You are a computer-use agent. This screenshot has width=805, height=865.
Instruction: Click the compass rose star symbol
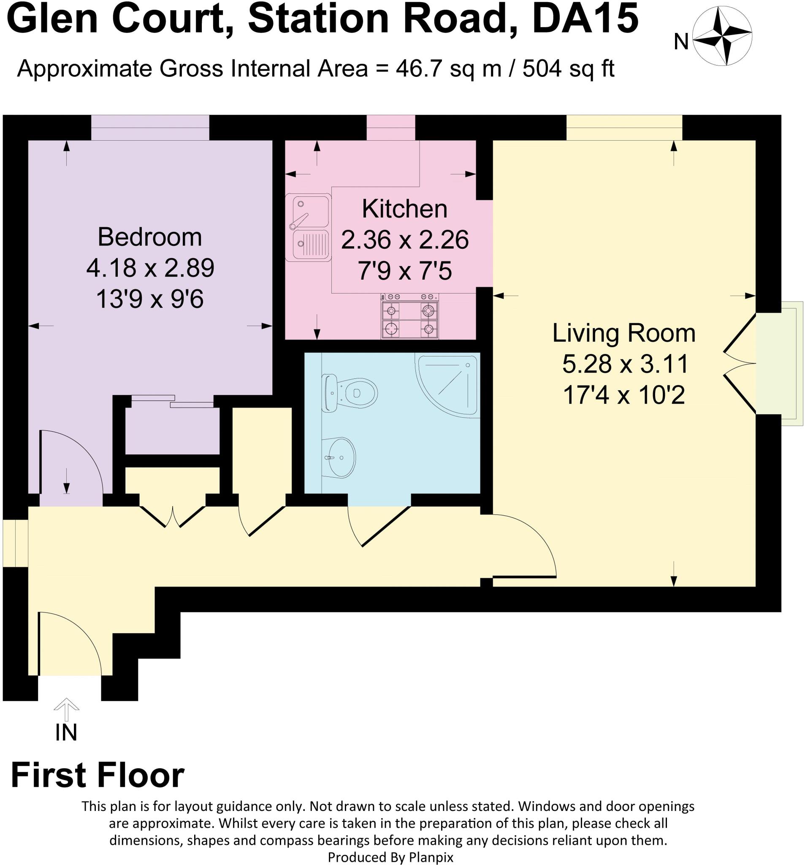[x=722, y=38]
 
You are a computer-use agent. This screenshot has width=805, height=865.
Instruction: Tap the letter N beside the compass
[x=681, y=43]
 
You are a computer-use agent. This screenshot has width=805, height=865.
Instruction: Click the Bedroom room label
[x=149, y=237]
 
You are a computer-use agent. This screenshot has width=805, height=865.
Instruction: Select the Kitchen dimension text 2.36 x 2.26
[x=404, y=240]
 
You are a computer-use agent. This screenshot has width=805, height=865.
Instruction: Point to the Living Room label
[x=623, y=333]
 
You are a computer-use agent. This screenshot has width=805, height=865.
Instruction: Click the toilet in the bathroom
[x=350, y=392]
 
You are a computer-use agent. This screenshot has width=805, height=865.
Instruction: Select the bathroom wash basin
[x=340, y=457]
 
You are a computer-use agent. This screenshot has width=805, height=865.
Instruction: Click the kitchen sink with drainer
[x=308, y=227]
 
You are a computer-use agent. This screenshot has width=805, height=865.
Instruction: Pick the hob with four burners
[x=409, y=316]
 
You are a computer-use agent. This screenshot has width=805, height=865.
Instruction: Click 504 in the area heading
[x=541, y=69]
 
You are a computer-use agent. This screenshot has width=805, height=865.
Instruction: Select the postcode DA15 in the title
[x=585, y=19]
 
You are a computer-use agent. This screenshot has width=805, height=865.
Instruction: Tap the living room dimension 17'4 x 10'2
[x=623, y=395]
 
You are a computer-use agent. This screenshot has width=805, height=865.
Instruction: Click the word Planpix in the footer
[x=431, y=857]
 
